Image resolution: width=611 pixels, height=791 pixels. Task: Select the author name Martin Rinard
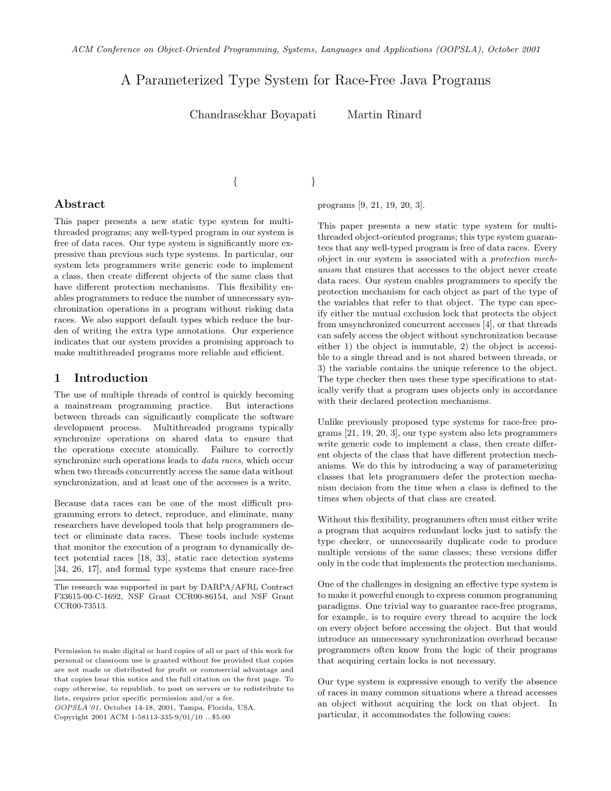pos(384,114)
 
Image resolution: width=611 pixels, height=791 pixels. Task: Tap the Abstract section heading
pos(79,204)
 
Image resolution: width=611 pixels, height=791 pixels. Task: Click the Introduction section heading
pos(111,378)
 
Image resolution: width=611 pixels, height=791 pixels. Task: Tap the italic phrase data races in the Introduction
pos(218,461)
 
